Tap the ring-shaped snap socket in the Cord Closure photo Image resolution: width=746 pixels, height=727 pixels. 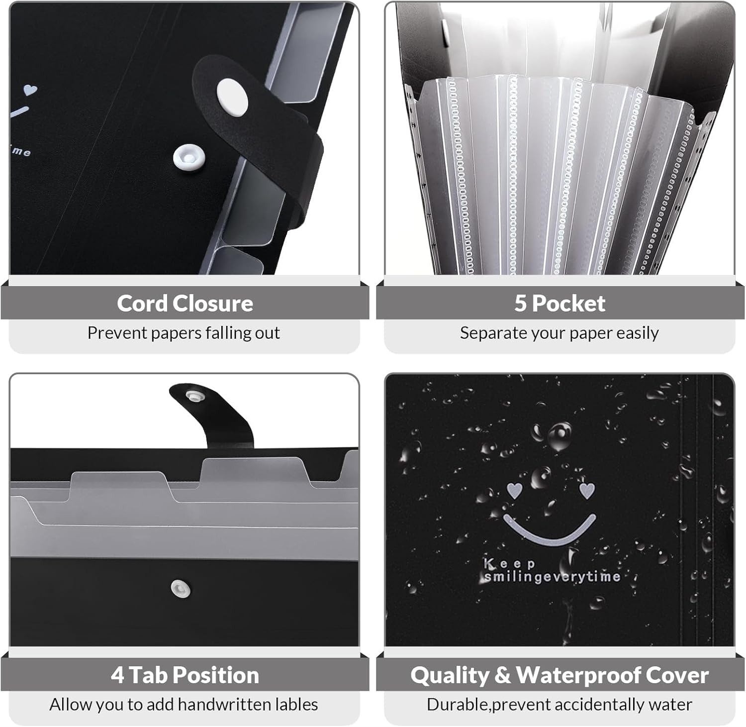[x=189, y=157]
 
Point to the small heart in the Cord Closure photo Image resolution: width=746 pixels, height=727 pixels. [x=30, y=90]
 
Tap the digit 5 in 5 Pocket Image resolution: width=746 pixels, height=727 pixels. [x=520, y=303]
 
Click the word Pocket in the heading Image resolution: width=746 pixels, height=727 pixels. [x=568, y=303]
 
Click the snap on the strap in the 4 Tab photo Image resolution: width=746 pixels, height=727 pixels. [x=193, y=396]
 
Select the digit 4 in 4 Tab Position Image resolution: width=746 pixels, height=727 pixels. [x=117, y=675]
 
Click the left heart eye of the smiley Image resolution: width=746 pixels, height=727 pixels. [x=514, y=490]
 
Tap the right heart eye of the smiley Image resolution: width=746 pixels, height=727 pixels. [x=587, y=490]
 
